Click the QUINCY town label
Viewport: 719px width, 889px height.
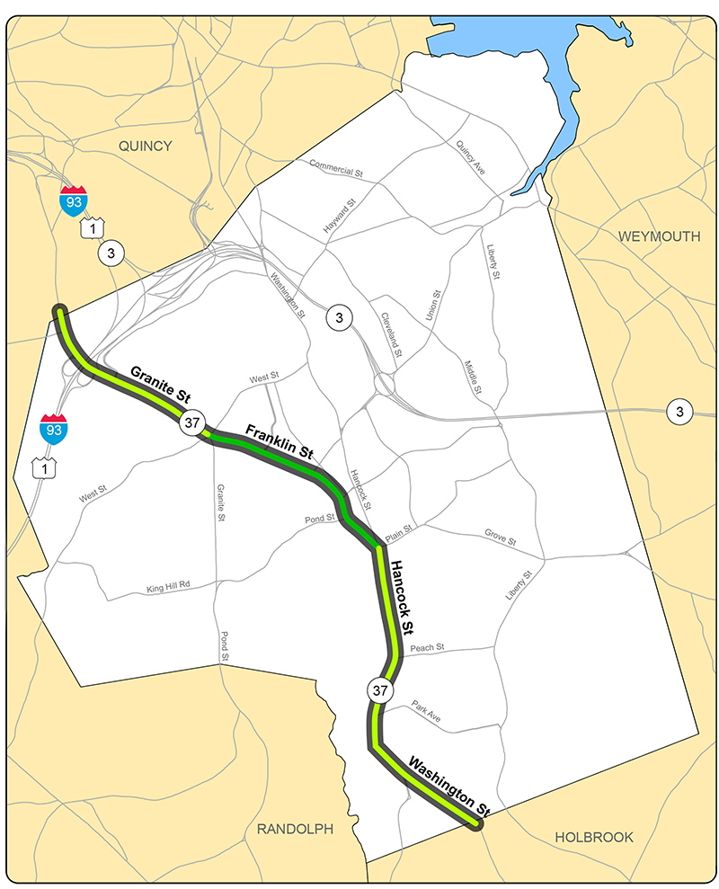pos(145,146)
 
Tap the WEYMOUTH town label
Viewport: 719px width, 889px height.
pos(659,236)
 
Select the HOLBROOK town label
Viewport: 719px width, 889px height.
pos(593,837)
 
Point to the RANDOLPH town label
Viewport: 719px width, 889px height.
pos(295,829)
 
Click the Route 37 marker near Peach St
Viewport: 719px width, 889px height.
pos(379,691)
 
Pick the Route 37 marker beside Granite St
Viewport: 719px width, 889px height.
pos(192,422)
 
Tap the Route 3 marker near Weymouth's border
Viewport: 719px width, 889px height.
pos(679,413)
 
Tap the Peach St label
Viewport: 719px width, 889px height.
pos(427,647)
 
